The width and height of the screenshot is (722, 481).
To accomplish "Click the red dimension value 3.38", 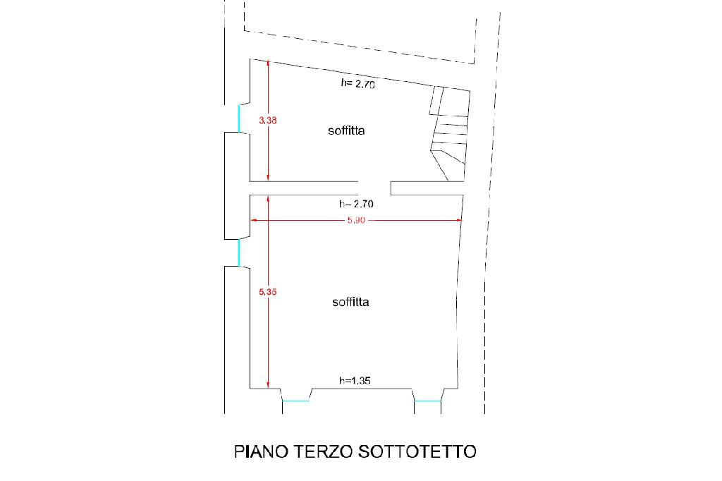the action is click(268, 121).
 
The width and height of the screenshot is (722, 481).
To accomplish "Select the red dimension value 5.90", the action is click(356, 221).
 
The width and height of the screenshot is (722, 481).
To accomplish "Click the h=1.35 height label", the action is click(355, 381).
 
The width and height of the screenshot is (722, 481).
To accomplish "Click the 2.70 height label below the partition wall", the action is click(356, 204).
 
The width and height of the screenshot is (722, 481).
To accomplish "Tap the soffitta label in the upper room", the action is click(346, 130).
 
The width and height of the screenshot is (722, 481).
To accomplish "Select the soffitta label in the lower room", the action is click(351, 302).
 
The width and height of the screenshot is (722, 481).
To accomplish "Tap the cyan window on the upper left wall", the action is click(238, 118).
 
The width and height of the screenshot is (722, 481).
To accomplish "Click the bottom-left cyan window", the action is click(295, 401).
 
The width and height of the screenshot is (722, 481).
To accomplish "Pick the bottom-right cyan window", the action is click(427, 401).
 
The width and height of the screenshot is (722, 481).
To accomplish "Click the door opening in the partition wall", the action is click(374, 188).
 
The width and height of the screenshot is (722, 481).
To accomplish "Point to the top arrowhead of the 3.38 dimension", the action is click(268, 63).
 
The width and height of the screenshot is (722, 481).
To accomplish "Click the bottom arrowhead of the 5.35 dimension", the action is click(268, 384).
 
